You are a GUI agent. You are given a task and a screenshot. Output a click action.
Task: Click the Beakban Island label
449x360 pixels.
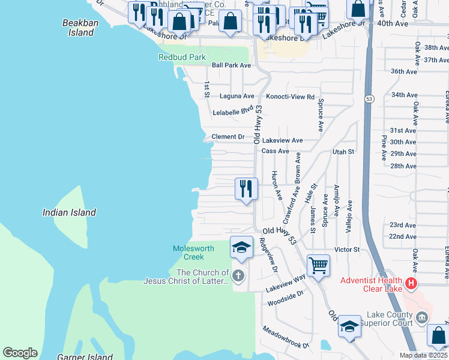click(79, 28)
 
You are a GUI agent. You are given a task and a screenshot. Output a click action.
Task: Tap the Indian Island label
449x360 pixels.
click(69, 212)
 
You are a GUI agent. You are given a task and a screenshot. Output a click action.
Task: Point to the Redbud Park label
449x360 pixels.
click(182, 57)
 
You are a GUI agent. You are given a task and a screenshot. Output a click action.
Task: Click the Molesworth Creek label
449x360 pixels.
click(189, 253)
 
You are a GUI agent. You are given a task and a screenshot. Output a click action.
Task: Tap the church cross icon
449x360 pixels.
click(238, 276)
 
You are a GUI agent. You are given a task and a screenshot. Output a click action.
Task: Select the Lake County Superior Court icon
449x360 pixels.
click(422, 317)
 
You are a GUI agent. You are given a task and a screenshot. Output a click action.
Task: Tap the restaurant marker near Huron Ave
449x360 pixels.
click(246, 189)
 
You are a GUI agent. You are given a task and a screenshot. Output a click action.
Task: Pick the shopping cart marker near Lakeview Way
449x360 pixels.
click(318, 265)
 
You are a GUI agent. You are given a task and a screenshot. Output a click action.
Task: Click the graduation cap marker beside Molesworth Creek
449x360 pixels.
click(241, 247)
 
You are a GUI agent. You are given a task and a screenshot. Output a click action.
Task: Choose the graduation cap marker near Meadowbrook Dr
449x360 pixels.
click(349, 326)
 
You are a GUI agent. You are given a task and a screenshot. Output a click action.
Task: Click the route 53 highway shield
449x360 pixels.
click(369, 98)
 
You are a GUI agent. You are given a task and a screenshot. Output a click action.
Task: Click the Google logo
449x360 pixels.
click(20, 353)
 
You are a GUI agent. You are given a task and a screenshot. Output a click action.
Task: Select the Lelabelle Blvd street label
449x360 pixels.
click(233, 111)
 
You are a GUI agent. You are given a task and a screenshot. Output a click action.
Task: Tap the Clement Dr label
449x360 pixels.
click(228, 137)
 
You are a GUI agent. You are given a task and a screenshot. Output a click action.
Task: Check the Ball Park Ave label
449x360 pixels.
click(231, 65)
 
